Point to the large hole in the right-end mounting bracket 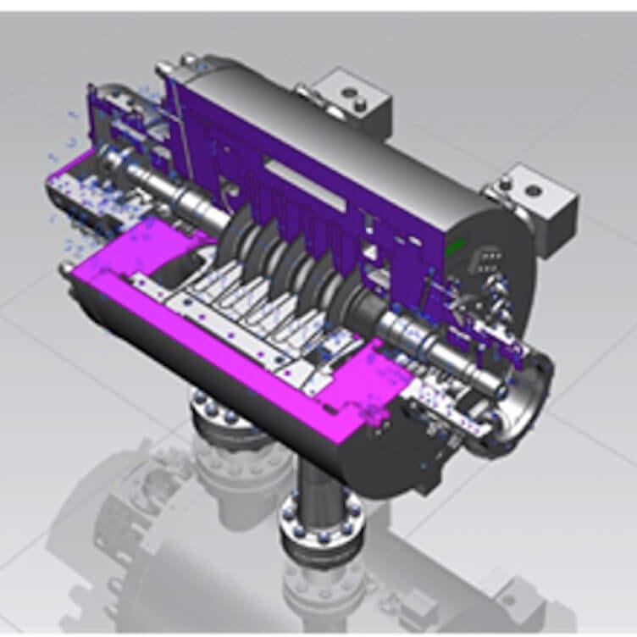pyautogui.click(x=534, y=191)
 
